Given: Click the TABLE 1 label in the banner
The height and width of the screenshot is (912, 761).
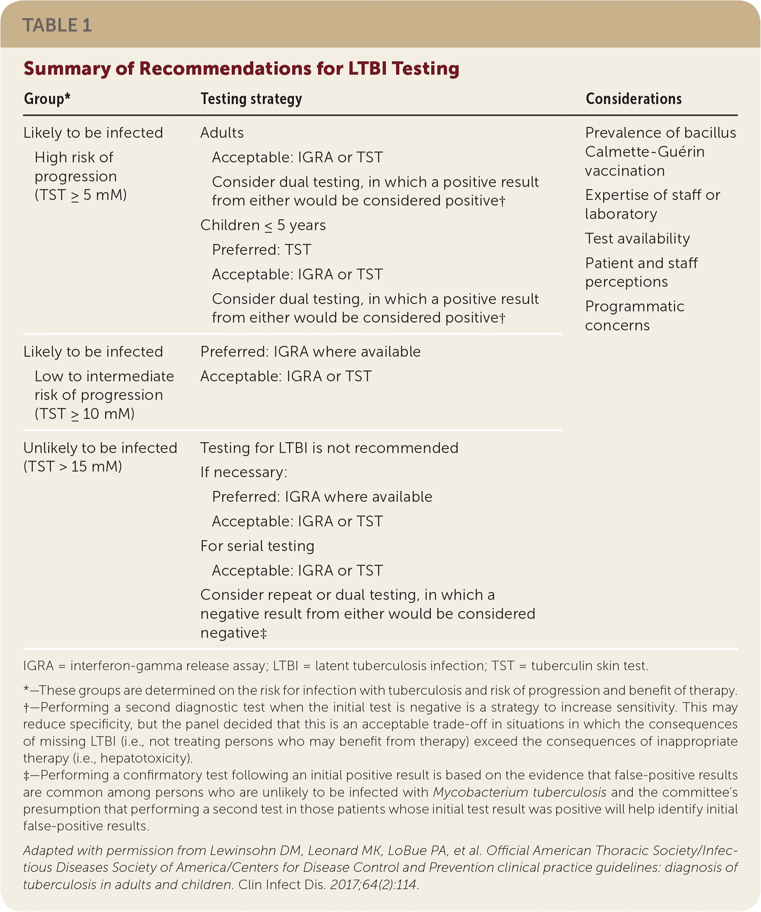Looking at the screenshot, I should tap(57, 25).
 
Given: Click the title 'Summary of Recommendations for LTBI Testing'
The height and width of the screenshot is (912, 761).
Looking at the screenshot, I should tap(241, 69).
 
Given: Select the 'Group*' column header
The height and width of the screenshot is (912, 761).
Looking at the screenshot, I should tap(47, 99).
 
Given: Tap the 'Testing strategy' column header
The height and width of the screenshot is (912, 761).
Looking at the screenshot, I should tap(251, 99).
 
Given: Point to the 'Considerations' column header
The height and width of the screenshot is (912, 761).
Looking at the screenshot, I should tap(633, 99).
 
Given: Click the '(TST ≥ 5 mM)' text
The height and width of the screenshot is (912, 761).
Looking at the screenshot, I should tap(81, 195).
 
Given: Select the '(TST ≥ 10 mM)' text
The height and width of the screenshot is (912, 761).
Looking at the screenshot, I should tap(85, 414).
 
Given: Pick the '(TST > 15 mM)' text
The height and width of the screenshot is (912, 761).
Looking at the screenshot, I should tap(73, 466).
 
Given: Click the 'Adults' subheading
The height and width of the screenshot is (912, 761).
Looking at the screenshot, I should tap(222, 133).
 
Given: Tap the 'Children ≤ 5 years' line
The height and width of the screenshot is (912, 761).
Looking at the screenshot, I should tap(263, 225).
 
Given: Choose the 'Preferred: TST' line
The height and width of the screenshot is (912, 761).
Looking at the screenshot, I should tap(261, 250).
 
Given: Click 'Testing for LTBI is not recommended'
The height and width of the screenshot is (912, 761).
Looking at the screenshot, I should tap(329, 448).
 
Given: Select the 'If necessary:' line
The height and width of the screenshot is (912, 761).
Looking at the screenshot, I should tap(244, 472).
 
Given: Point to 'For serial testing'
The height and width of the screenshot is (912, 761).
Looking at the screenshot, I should tap(257, 546).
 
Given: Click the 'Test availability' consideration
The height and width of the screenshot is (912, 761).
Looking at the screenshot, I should tap(637, 238).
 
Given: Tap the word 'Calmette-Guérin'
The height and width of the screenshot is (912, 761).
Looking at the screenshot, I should tap(644, 152).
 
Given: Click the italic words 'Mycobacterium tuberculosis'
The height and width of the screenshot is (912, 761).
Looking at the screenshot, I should tap(520, 792).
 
